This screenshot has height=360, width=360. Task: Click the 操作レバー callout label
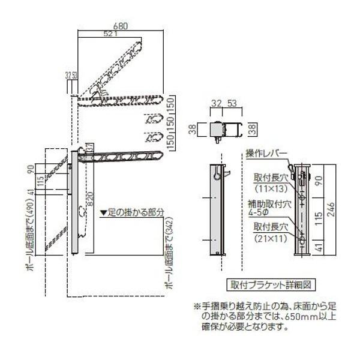tap(266, 154)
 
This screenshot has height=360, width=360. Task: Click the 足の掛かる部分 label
tap(136, 212)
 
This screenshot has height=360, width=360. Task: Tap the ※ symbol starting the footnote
tap(196, 307)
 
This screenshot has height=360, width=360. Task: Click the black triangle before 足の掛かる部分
tap(103, 212)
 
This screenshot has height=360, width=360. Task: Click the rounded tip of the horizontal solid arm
tap(160, 156)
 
